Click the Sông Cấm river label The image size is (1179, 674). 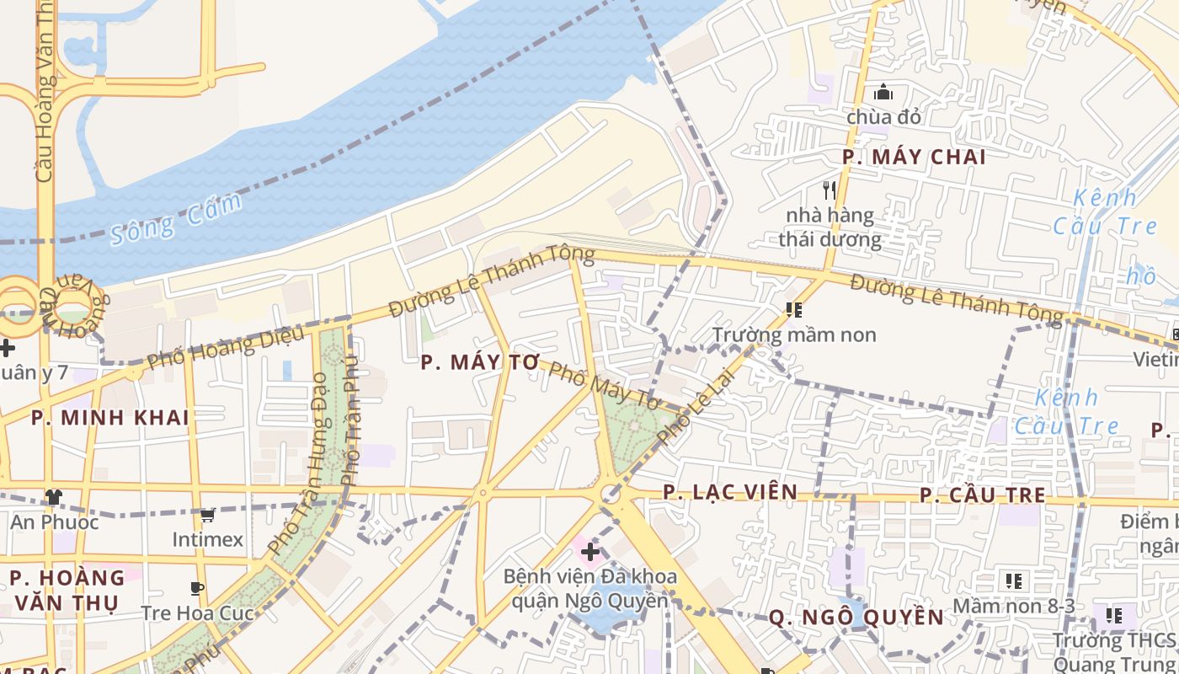[176, 218]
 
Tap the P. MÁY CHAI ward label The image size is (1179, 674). [914, 157]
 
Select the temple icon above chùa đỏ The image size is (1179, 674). [883, 92]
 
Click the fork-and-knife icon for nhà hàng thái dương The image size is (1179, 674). [830, 190]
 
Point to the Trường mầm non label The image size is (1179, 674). [794, 334]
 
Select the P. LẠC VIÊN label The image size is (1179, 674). [729, 492]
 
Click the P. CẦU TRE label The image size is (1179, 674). [982, 495]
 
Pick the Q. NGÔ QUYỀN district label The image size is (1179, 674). [856, 618]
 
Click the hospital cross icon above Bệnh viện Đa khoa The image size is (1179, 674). [590, 553]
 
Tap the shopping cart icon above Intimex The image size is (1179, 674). [207, 514]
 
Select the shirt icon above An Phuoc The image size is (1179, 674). [54, 496]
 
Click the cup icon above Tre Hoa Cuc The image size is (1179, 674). [197, 588]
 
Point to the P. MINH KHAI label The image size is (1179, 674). [109, 418]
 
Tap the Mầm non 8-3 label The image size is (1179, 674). [1013, 606]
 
